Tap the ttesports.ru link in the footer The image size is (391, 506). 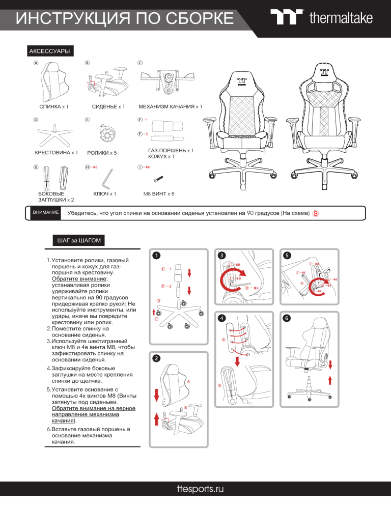click(x=195, y=489)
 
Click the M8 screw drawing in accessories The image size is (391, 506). click(x=159, y=179)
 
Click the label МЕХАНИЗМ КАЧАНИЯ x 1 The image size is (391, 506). click(x=170, y=107)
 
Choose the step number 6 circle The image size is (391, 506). click(x=287, y=318)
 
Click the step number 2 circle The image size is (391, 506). click(x=158, y=358)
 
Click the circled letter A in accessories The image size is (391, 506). click(x=35, y=63)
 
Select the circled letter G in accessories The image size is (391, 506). click(x=35, y=167)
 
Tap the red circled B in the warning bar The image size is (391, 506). click(x=316, y=213)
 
